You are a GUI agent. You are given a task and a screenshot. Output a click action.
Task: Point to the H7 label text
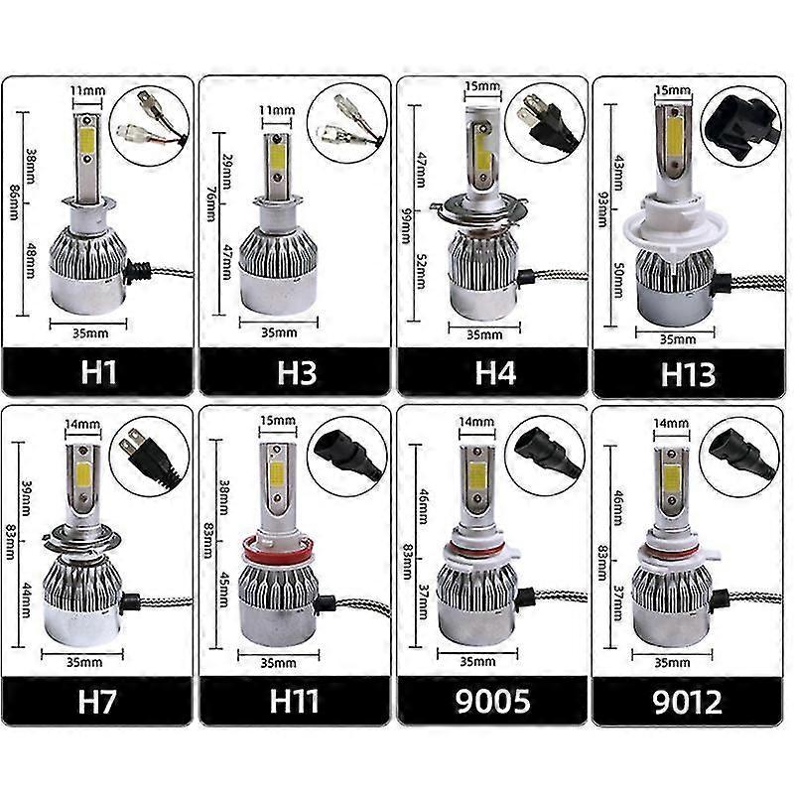pyautogui.click(x=99, y=702)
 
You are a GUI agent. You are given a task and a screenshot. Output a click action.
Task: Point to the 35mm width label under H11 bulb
pyautogui.click(x=279, y=660)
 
